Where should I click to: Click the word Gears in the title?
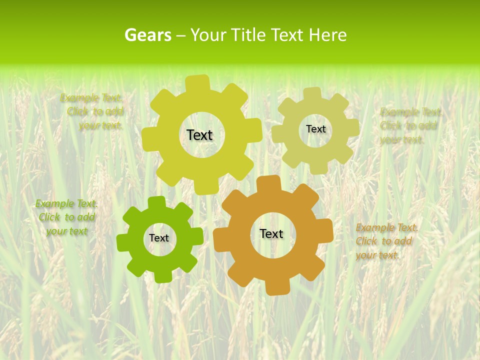coord(147,35)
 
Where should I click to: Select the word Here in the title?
coord(327,35)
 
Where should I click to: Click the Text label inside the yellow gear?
coord(199,135)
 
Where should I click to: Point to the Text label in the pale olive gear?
coord(315,129)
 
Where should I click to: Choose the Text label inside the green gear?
coord(159,238)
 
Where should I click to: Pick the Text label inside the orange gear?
coord(271,233)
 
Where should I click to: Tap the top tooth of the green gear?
coord(156,202)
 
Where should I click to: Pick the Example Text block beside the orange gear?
coord(386,241)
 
